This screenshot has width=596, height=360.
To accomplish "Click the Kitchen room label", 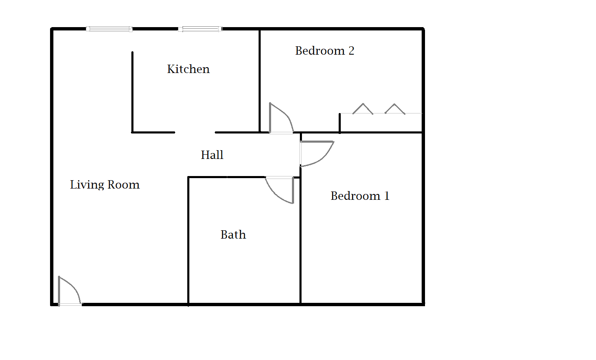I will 188,69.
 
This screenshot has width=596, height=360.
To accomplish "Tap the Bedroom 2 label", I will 324,51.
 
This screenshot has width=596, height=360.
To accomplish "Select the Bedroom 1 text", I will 360,196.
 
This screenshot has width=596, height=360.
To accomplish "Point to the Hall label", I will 212,155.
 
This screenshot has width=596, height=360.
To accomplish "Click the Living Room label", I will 105,185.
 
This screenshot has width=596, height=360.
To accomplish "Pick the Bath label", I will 233,235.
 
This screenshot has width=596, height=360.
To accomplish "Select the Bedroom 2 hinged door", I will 280,119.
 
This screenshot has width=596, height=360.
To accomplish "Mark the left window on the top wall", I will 109,29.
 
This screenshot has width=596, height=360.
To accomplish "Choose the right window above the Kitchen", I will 200,29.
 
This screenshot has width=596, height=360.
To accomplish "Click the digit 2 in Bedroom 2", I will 351,51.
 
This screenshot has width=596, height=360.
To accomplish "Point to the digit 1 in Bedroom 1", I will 387,196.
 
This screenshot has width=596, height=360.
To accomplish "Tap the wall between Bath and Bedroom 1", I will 300,250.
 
